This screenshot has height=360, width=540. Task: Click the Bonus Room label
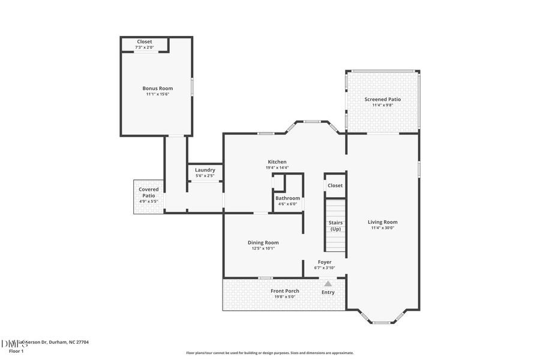coord(157,88)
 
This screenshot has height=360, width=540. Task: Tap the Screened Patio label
coord(382,100)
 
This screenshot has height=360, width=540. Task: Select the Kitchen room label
coord(277,162)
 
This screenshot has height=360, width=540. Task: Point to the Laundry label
coord(205,170)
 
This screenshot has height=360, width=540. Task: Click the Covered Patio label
coord(149,193)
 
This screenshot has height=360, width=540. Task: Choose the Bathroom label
coord(287,198)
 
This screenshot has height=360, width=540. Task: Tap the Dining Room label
coord(263,242)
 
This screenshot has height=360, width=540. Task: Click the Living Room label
coord(382,222)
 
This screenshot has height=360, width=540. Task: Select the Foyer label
coord(325,262)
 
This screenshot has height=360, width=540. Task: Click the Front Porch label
coord(284,291)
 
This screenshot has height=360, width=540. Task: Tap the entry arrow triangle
coord(328,283)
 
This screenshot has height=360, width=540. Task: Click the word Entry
coord(328,292)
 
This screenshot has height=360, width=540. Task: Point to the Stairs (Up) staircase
coord(335,226)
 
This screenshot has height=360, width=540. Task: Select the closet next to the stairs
coord(335,185)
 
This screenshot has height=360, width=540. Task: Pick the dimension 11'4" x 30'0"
coord(382,228)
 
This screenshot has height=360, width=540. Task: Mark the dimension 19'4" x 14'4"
coord(277,168)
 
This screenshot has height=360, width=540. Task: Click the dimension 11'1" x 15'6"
coord(157,94)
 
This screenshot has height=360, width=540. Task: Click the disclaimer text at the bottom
coord(269,353)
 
